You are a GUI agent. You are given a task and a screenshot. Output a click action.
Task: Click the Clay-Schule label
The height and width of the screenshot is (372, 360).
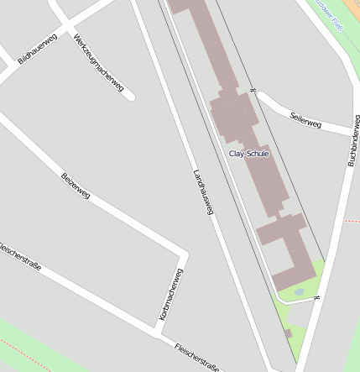(x=248, y=154)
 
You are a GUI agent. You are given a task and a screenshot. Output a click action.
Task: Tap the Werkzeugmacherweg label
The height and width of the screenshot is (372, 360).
(x=98, y=63)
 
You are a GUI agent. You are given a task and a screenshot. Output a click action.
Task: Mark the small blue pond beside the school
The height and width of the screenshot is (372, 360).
(x=299, y=291)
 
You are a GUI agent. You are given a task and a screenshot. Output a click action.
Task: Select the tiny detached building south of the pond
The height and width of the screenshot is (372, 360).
(x=288, y=333)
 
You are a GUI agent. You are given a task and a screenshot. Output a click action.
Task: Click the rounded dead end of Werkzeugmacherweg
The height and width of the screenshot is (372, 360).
(x=130, y=97)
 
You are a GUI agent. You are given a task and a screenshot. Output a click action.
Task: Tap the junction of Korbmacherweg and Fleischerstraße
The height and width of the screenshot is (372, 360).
(x=159, y=336)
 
